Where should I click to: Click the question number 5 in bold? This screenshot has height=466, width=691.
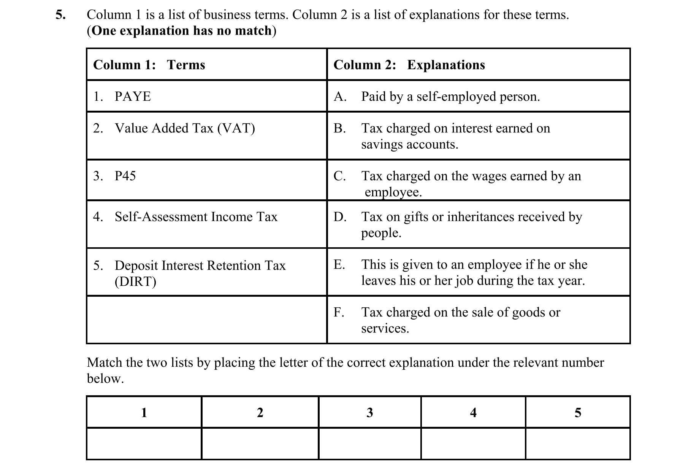(60, 15)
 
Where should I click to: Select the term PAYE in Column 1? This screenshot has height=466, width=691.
(133, 97)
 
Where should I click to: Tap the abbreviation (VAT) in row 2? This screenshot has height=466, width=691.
(236, 128)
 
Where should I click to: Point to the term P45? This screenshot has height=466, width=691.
(125, 176)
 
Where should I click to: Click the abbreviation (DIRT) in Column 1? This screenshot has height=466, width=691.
(135, 282)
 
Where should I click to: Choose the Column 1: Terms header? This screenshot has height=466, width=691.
(149, 65)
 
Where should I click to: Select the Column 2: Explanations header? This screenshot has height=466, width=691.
(409, 65)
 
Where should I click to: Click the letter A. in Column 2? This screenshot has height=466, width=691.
(340, 97)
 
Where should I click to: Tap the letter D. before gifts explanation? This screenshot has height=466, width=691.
(340, 217)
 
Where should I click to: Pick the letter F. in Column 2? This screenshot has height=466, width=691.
(339, 312)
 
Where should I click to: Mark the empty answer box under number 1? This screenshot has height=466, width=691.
(144, 444)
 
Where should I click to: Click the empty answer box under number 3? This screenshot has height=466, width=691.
(369, 444)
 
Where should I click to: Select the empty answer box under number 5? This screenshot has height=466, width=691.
(578, 444)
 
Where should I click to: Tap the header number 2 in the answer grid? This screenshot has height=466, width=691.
(260, 413)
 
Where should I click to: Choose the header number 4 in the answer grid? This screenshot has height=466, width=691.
(473, 413)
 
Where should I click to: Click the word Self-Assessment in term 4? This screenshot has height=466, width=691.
(161, 217)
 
